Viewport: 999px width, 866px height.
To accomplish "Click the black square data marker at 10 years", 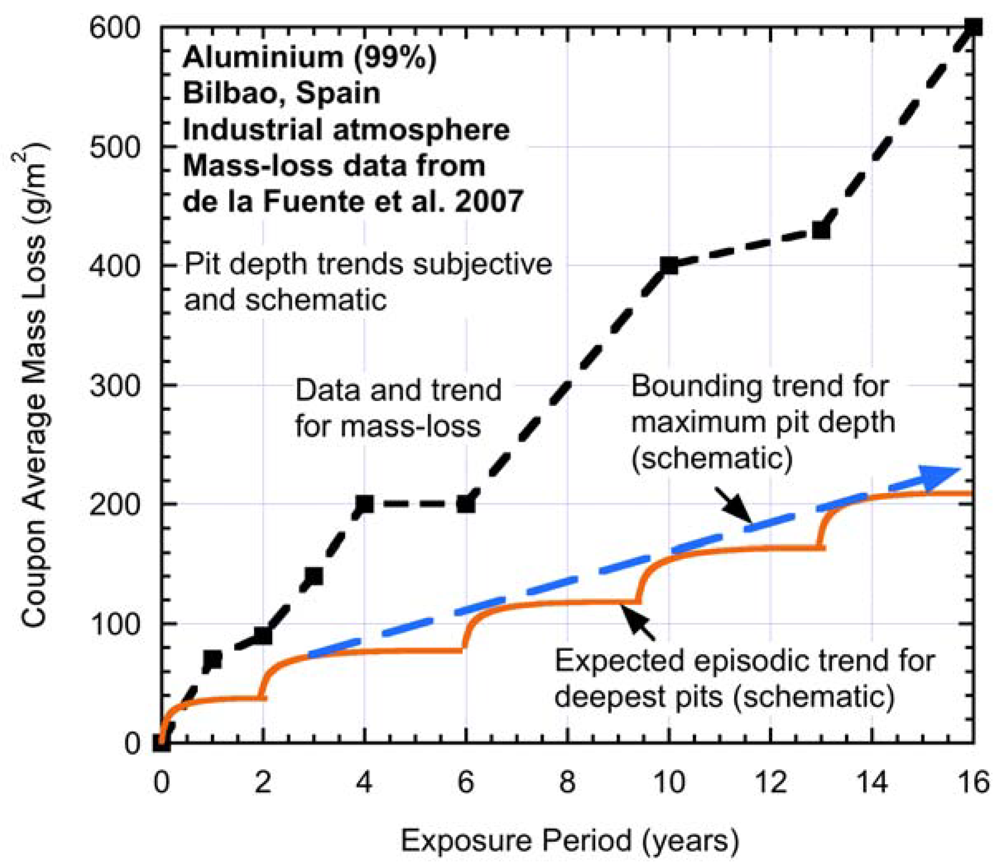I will coord(669,265).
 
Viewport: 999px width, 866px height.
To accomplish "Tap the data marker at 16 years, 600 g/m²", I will coord(973,28).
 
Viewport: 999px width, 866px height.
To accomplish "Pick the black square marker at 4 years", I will coord(364,504).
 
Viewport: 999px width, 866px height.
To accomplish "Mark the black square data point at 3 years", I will coord(314,576).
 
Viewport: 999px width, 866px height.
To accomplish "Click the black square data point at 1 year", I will coord(213,659).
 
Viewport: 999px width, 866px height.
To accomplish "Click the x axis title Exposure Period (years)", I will coord(570,840).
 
